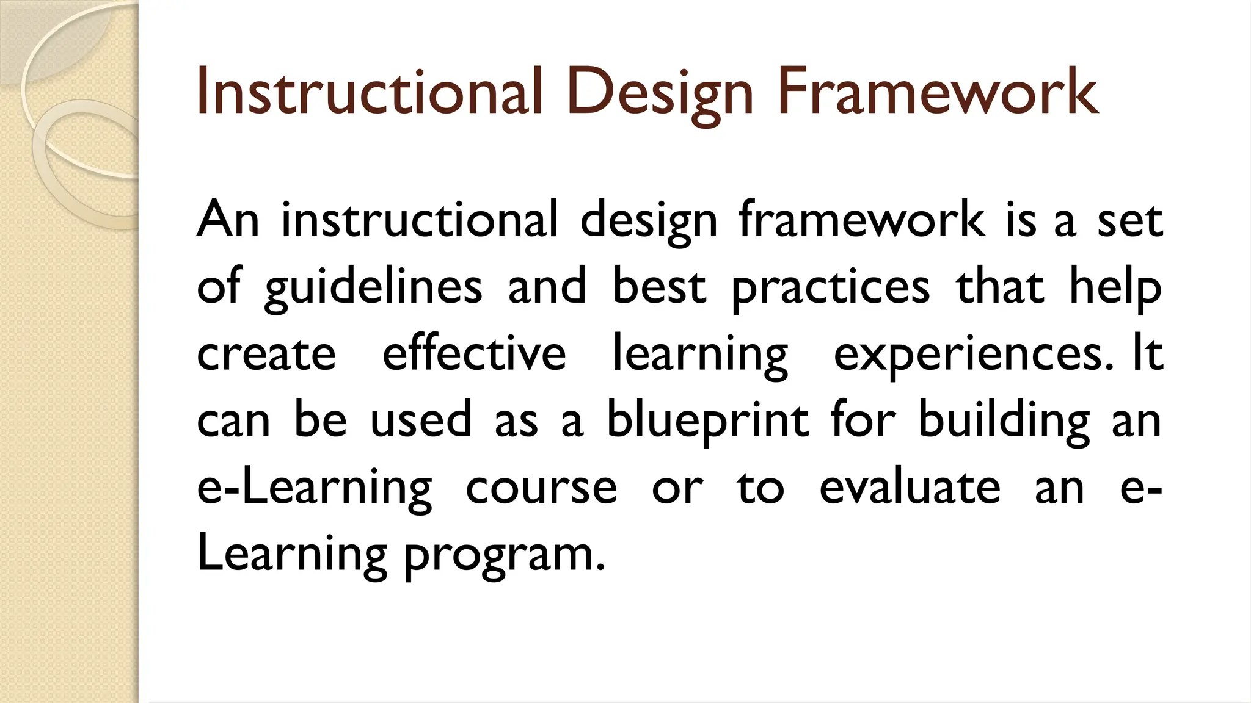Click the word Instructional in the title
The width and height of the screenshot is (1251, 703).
[369, 93]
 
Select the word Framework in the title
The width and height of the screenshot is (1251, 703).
[938, 93]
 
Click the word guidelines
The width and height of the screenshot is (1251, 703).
[373, 288]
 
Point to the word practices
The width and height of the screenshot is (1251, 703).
[830, 288]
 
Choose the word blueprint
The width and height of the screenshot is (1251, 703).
[707, 422]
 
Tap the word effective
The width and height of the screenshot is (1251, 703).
[474, 354]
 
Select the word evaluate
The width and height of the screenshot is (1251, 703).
[910, 488]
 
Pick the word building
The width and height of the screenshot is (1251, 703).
[1004, 422]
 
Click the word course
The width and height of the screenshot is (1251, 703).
[541, 488]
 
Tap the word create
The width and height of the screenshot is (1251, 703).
[266, 354]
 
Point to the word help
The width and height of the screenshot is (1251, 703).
[1115, 288]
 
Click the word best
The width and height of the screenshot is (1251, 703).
[659, 287]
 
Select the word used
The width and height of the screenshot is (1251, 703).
[421, 421]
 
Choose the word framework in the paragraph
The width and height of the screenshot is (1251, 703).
[861, 220]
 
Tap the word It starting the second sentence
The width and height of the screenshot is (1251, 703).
[1148, 354]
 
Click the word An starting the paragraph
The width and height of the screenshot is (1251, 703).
[228, 220]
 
